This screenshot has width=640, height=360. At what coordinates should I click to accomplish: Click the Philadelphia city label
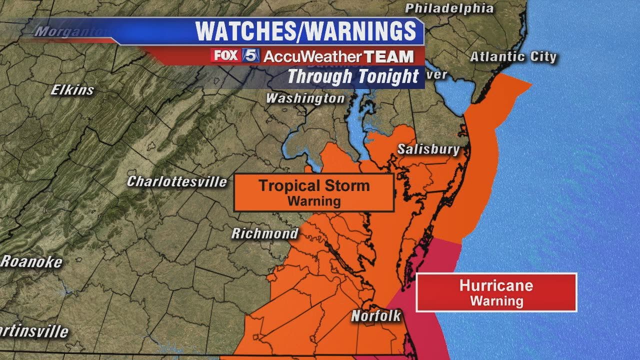click(x=448, y=8)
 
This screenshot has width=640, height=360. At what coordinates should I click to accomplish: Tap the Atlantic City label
click(x=513, y=57)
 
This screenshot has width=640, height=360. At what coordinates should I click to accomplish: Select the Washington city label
click(x=305, y=98)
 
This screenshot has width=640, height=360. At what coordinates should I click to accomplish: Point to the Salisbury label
click(x=428, y=149)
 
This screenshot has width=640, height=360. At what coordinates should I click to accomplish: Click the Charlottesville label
click(x=177, y=181)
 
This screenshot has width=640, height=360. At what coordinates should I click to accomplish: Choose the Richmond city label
click(x=264, y=233)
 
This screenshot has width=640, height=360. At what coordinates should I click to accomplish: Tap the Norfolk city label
click(x=376, y=316)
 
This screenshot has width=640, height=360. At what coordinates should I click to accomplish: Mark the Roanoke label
click(x=31, y=261)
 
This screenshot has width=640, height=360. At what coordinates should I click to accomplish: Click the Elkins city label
click(x=72, y=90)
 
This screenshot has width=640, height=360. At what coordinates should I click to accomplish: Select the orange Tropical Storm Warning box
click(x=314, y=192)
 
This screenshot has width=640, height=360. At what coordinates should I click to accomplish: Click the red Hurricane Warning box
click(x=496, y=292)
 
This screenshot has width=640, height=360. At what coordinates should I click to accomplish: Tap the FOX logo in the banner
click(x=225, y=55)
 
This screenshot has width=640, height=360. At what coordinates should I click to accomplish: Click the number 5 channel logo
click(x=251, y=55)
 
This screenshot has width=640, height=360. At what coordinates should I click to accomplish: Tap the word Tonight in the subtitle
click(x=387, y=77)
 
